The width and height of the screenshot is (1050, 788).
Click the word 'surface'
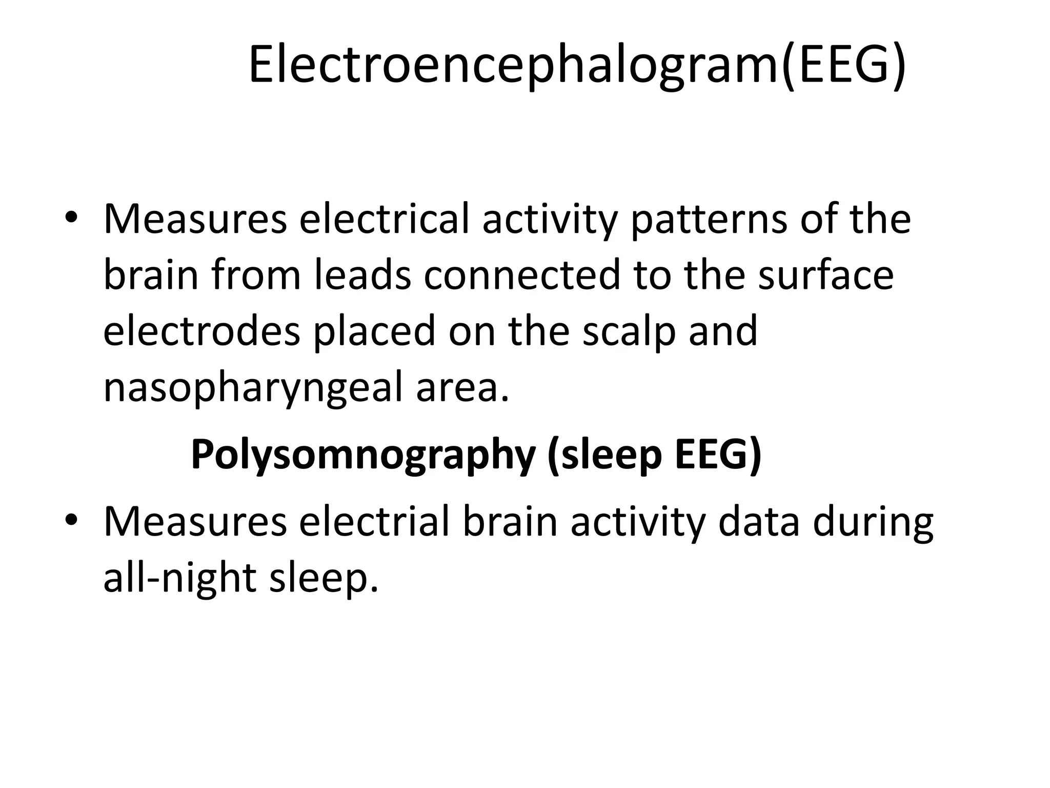pyautogui.click(x=826, y=275)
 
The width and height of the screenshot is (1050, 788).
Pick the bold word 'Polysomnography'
pyautogui.click(x=363, y=456)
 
